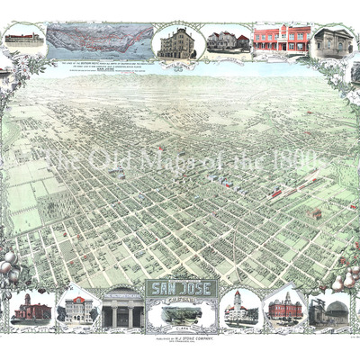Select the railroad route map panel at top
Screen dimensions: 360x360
(98, 40)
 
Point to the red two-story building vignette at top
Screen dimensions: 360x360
(281, 40)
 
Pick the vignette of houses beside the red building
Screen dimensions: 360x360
(229, 40)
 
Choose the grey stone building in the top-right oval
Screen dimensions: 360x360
(332, 41)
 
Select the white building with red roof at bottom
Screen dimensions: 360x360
(76, 308)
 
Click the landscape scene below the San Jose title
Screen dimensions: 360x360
(180, 315)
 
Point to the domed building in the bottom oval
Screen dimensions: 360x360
(240, 308)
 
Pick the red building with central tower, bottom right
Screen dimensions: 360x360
(285, 308)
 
